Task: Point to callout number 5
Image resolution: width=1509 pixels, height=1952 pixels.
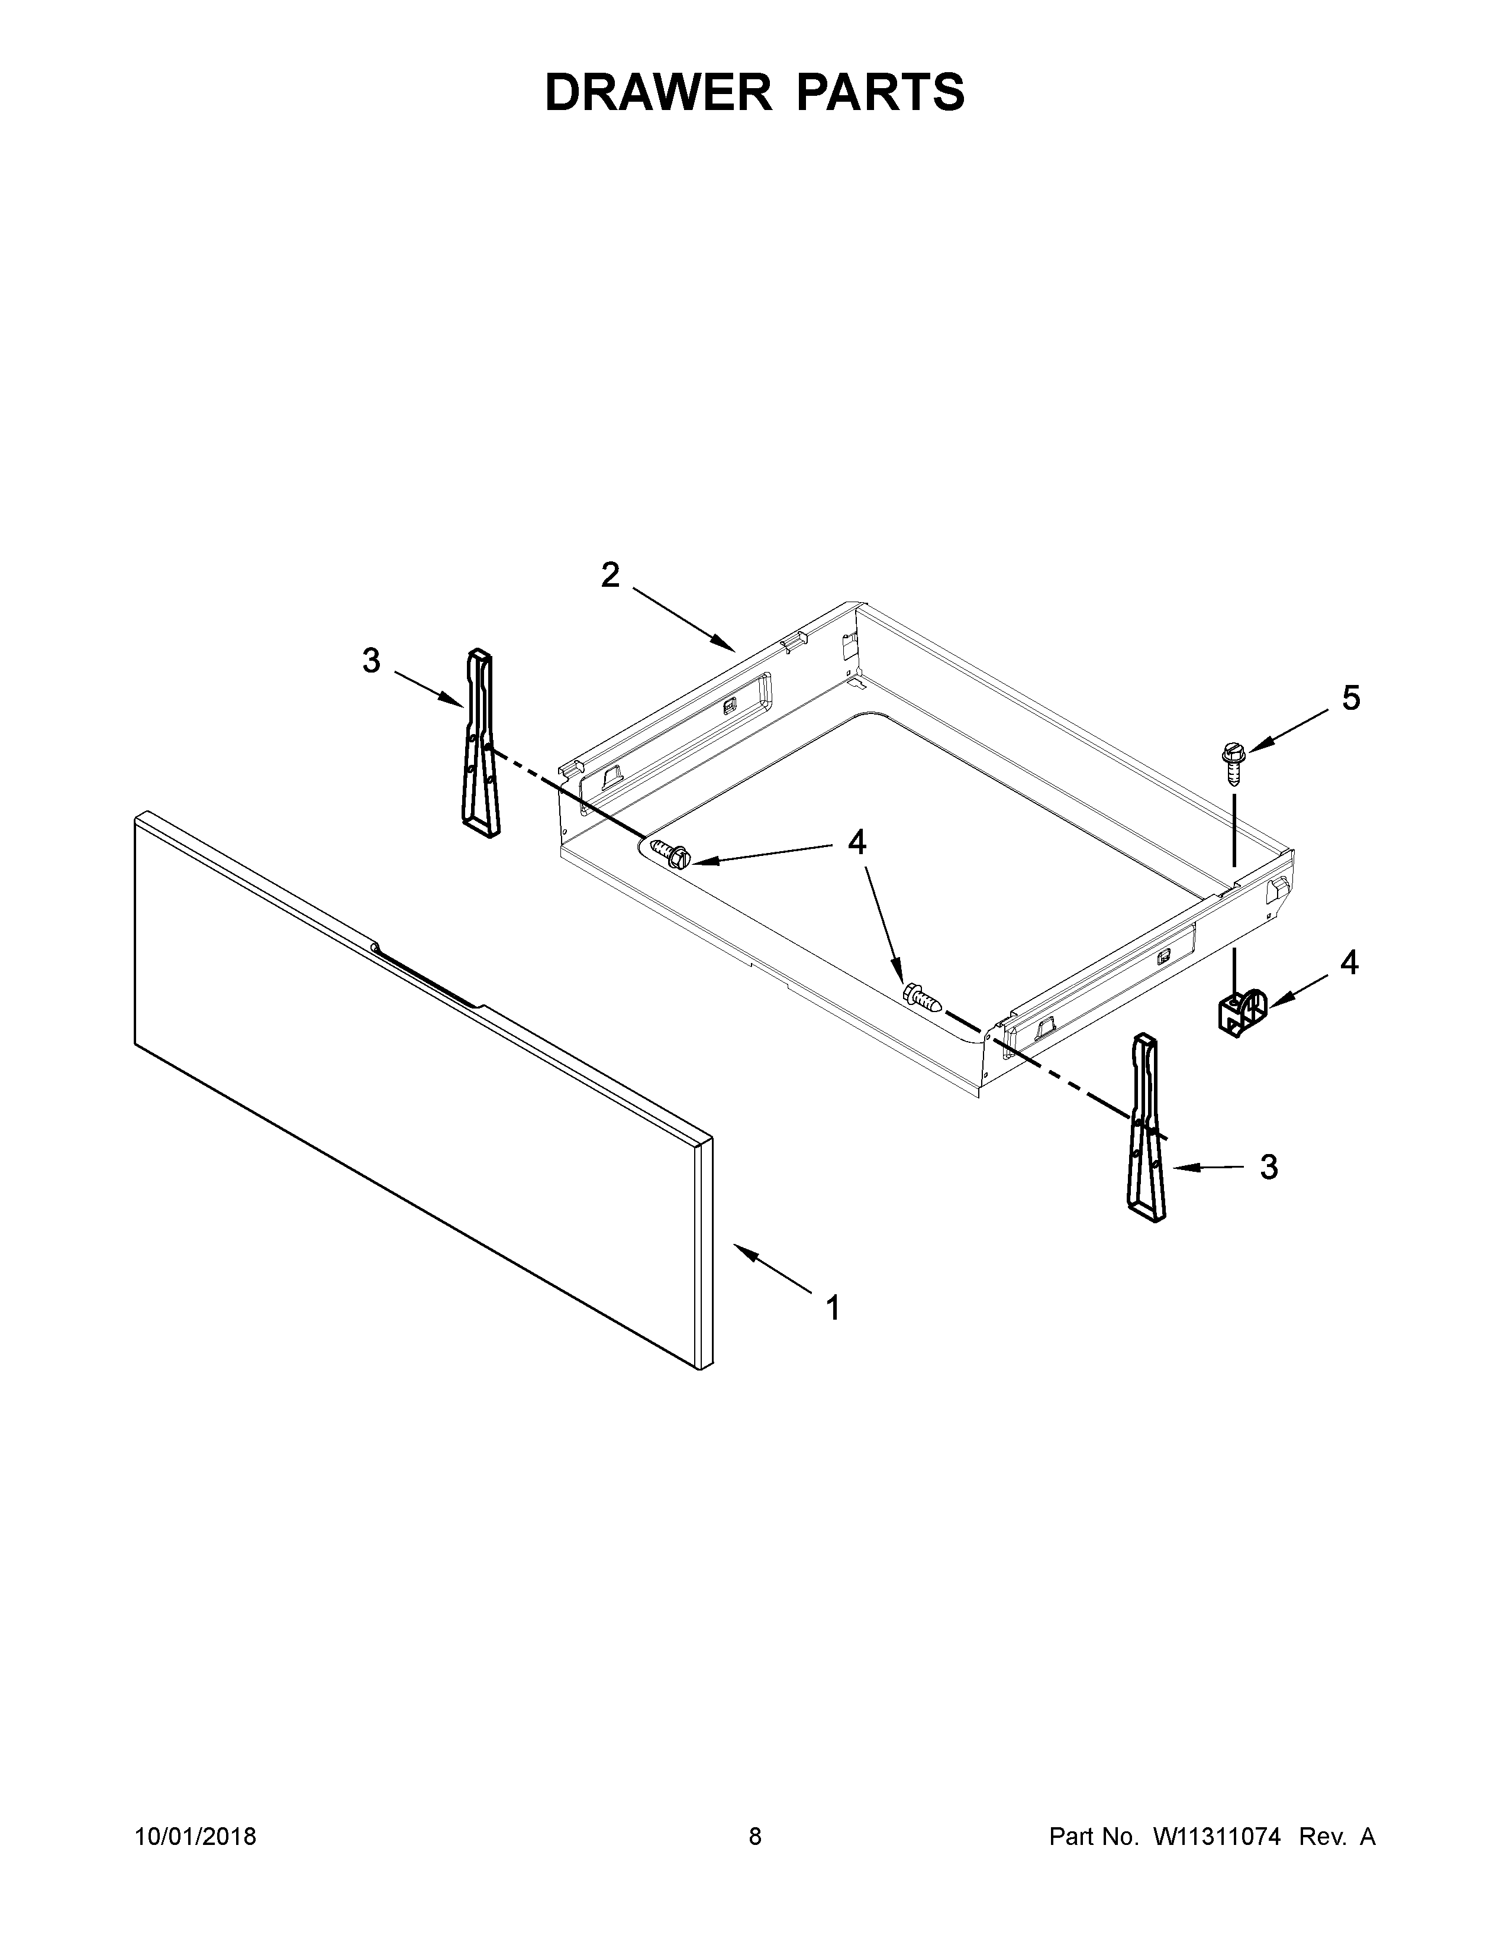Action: pyautogui.click(x=1351, y=698)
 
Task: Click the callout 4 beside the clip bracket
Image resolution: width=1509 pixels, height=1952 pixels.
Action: pyautogui.click(x=1349, y=962)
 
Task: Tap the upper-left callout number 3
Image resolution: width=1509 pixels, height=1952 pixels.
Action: pyautogui.click(x=371, y=661)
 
